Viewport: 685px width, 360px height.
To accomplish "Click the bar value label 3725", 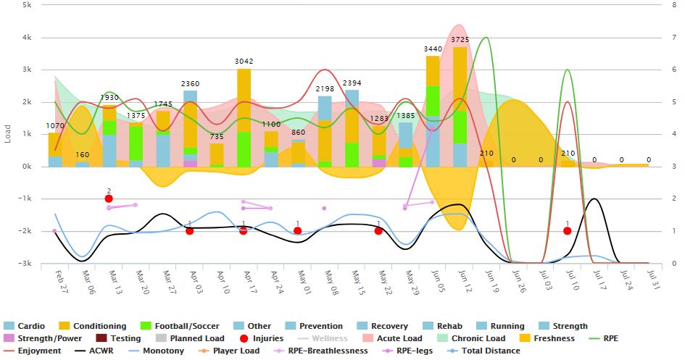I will (460, 39).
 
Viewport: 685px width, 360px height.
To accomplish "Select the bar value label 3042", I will (244, 62).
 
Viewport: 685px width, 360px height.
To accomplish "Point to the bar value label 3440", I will (433, 49).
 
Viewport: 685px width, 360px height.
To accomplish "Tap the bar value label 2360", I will (190, 84).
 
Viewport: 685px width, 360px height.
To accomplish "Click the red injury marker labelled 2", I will (109, 198).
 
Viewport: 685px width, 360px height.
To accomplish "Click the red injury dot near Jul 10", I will (567, 231).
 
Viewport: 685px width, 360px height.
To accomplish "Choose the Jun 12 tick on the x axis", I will (460, 280).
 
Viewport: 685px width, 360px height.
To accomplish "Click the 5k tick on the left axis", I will (26, 5).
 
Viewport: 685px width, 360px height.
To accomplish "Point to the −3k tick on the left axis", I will (24, 264).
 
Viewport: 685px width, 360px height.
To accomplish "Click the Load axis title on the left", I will (8, 134).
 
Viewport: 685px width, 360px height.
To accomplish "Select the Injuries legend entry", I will (263, 338).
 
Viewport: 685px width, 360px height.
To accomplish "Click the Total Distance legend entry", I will (486, 351).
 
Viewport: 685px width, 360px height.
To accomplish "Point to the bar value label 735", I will (217, 137).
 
